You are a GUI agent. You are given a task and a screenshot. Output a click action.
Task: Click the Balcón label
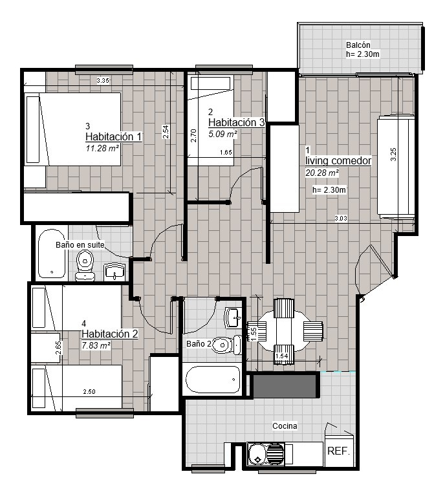[358, 45]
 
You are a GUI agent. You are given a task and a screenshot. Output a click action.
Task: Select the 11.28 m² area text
[102, 148]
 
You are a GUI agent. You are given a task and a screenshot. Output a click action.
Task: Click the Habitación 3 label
[236, 122]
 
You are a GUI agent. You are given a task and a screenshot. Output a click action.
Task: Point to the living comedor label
[338, 160]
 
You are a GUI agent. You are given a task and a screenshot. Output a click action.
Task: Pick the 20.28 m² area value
[322, 173]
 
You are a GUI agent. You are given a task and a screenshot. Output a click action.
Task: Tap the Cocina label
[285, 426]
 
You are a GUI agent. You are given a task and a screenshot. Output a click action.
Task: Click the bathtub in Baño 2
[213, 379]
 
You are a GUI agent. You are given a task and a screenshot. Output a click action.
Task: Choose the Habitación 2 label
[110, 334]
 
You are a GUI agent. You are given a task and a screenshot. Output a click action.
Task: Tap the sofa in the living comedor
[395, 166]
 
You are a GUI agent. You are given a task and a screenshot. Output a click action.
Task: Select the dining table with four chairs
[285, 330]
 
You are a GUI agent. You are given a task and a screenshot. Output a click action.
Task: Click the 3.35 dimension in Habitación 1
[102, 81]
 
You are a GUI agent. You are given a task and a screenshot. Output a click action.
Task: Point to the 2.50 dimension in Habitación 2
[89, 392]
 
